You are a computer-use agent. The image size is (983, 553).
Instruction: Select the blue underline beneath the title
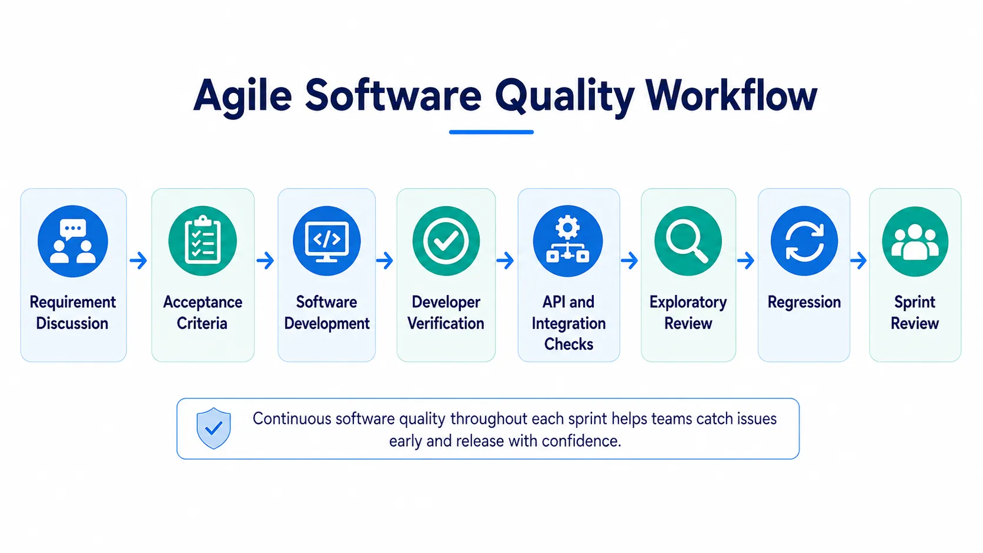(491, 132)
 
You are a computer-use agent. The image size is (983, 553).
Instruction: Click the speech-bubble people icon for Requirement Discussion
(73, 241)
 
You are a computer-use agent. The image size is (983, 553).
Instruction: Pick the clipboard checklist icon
(203, 241)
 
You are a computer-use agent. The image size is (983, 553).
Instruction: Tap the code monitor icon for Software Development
(326, 241)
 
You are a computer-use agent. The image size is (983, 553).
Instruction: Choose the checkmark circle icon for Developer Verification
(446, 241)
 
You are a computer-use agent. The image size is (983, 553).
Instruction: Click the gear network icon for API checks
(568, 241)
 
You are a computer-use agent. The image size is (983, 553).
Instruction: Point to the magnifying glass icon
(688, 241)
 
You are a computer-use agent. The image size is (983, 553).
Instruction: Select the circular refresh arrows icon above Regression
(804, 241)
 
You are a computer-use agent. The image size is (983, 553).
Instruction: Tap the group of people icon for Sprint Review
(915, 241)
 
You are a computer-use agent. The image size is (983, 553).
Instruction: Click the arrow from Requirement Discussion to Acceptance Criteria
(138, 260)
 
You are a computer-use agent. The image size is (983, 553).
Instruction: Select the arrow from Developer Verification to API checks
(505, 260)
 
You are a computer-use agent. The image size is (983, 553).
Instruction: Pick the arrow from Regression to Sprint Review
(858, 260)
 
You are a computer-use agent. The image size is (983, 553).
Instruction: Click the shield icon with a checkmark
(214, 428)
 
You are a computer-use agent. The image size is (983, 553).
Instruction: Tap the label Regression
(804, 303)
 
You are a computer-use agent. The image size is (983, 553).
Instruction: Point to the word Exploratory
(688, 303)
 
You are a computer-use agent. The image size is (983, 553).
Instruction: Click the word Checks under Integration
(569, 344)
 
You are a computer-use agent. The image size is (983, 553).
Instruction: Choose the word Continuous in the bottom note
(292, 419)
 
